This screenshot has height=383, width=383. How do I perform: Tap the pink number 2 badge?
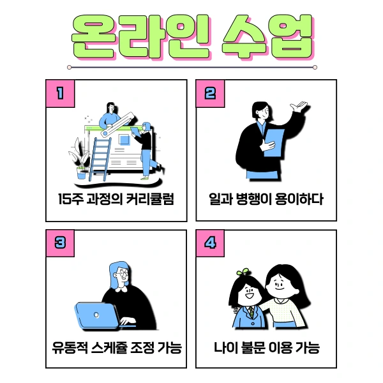(210, 93)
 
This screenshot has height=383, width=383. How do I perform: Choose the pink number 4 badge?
(210, 243)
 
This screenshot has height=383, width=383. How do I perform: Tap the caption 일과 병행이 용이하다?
(266, 199)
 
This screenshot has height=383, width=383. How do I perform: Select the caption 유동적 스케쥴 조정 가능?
(116, 349)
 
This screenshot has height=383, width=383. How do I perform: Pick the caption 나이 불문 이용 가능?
(266, 349)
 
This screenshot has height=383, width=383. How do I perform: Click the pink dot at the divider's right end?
(315, 66)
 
